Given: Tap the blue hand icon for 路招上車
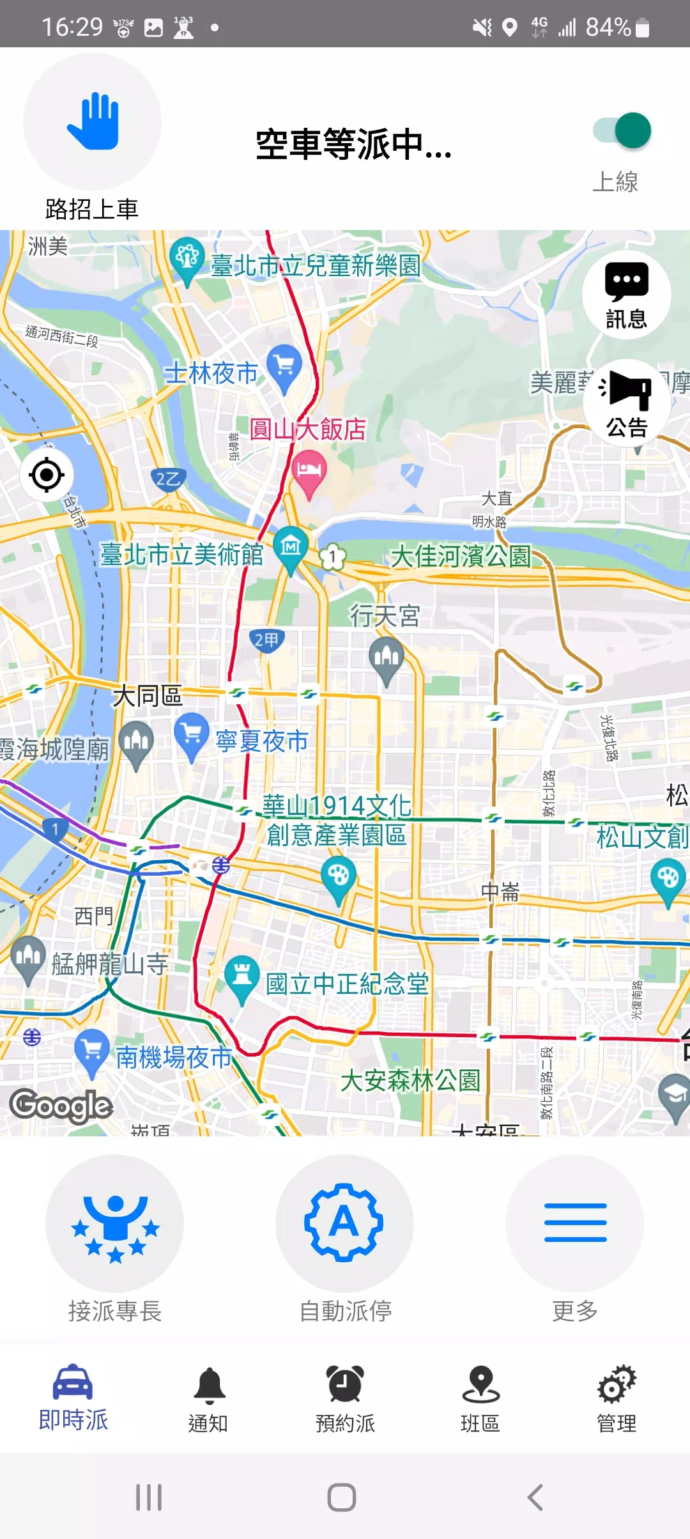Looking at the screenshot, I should [93, 121].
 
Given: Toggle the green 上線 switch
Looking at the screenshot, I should [622, 131].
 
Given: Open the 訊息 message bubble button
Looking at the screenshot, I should [626, 295].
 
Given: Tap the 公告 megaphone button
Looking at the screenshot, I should [626, 403].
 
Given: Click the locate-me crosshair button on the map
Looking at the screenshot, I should [47, 475].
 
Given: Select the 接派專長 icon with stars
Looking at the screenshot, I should [115, 1223].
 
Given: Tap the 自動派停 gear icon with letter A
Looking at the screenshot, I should [344, 1223].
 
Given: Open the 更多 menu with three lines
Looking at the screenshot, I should [575, 1223].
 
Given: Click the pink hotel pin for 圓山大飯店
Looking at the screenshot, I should [309, 472].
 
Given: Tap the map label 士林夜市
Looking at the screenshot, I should [211, 373].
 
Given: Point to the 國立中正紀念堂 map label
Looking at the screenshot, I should [347, 984].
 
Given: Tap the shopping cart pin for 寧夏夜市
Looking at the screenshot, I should [192, 734].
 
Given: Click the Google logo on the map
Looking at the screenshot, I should [61, 1106].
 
